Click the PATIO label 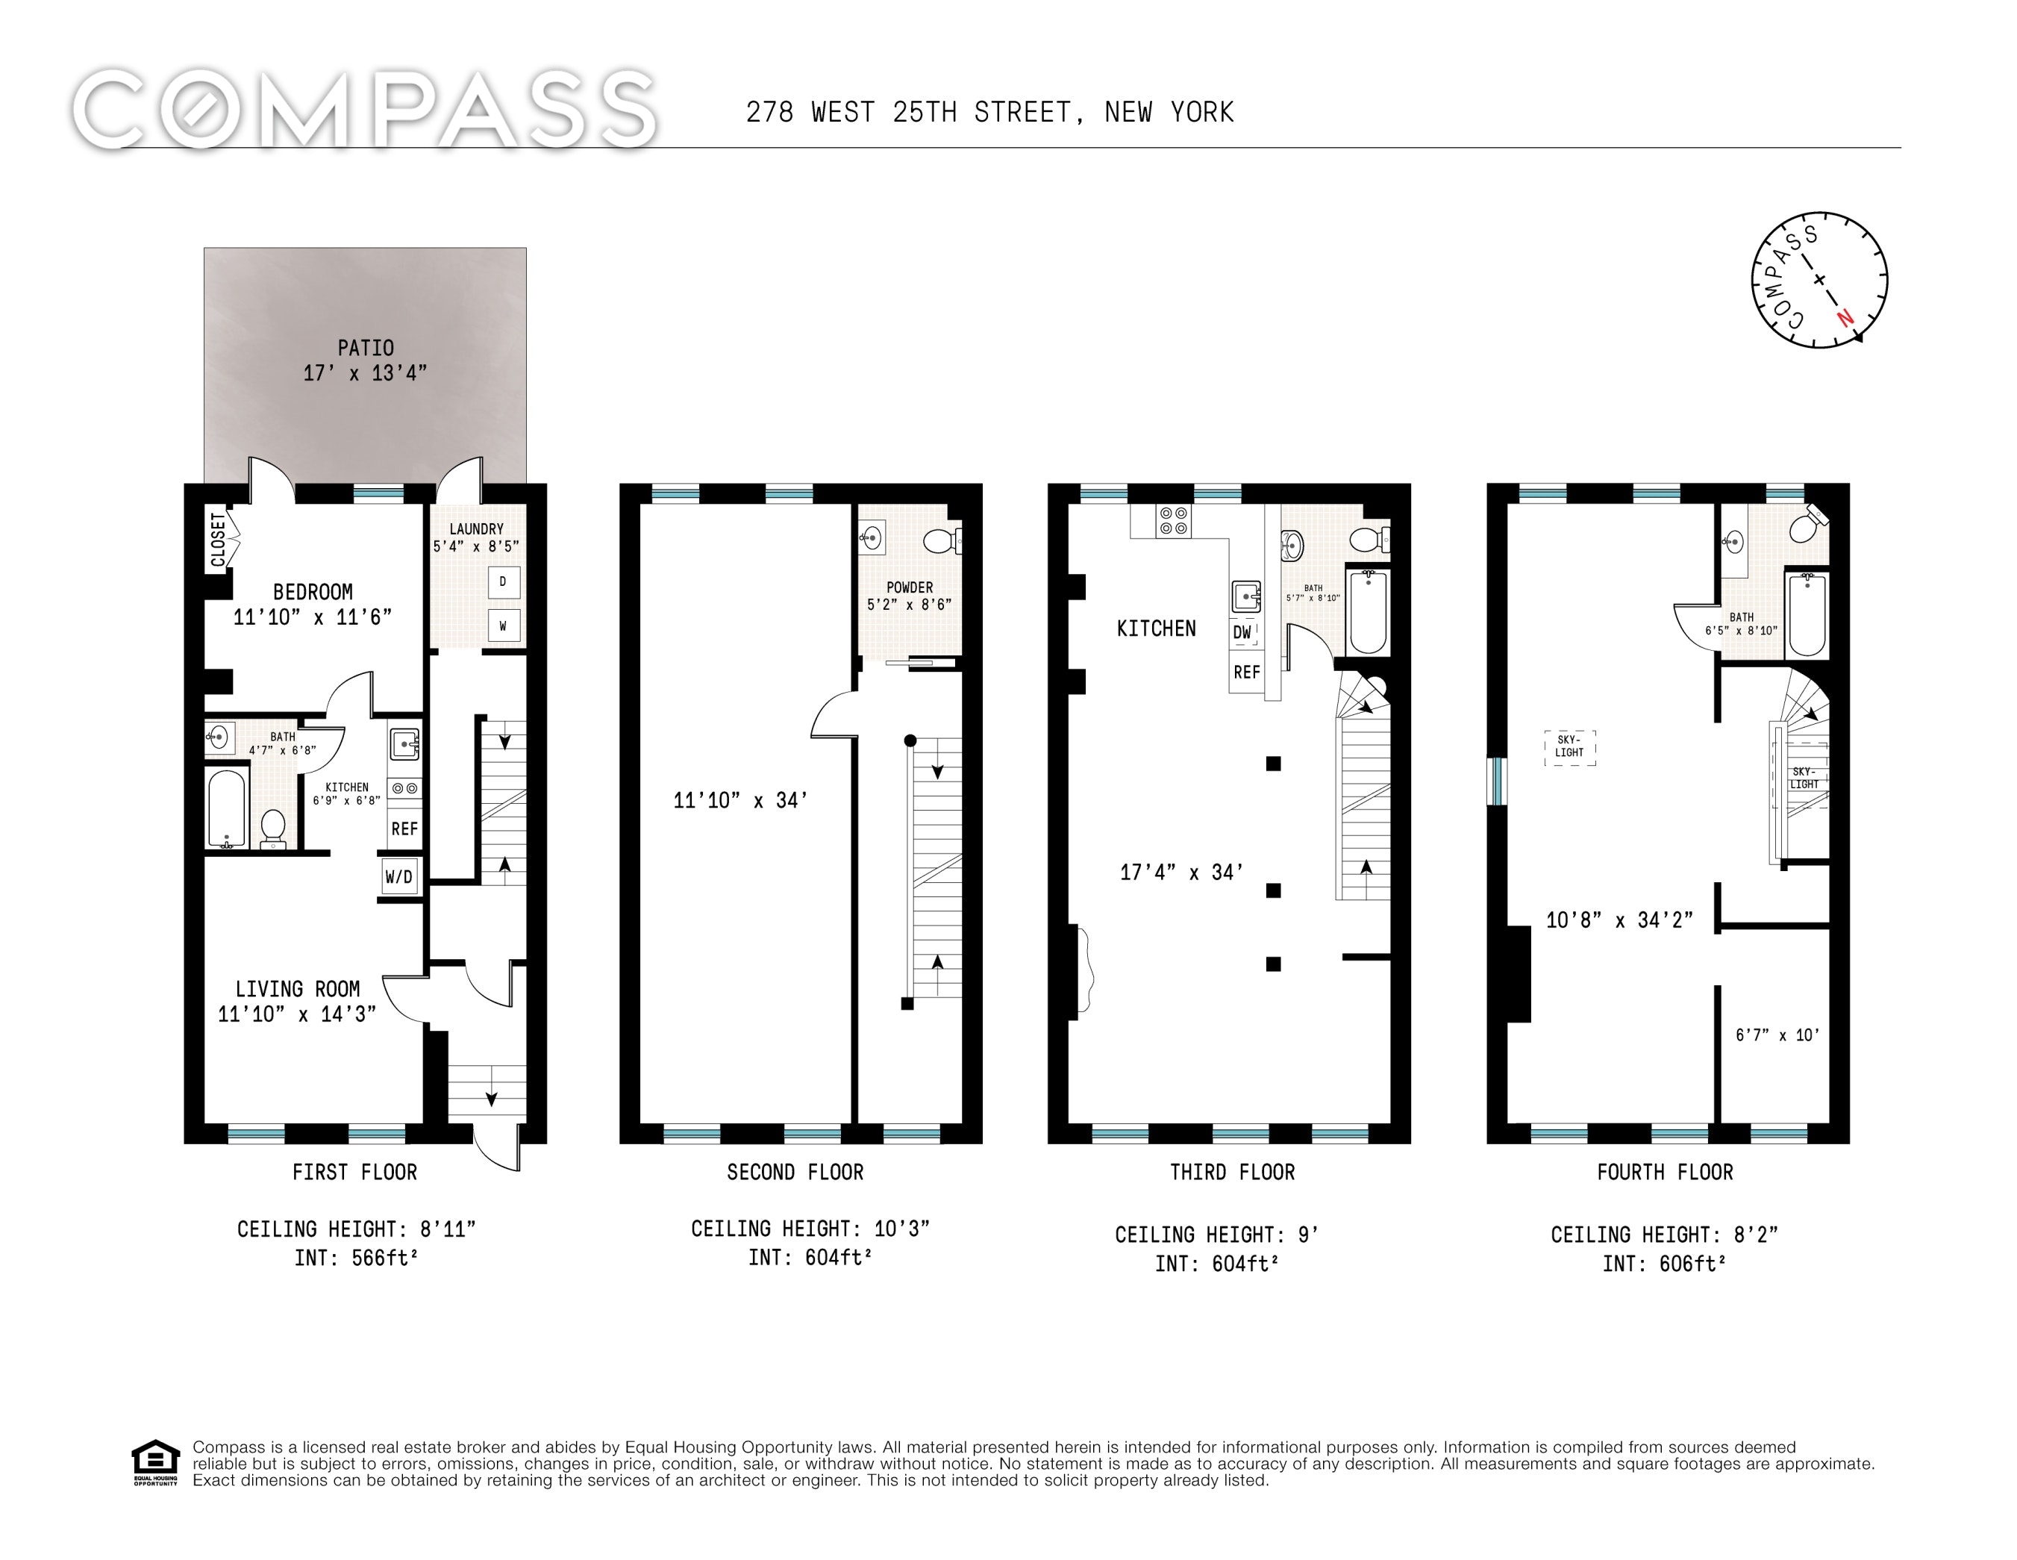[x=365, y=349]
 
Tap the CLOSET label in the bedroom [x=218, y=540]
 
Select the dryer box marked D [x=504, y=582]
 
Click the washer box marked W [x=504, y=626]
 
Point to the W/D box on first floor [x=399, y=876]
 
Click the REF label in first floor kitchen [x=404, y=829]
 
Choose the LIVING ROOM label [x=298, y=989]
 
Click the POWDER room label [x=910, y=587]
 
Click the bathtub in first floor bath [x=227, y=809]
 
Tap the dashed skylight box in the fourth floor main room [x=1570, y=747]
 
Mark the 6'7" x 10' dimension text [x=1777, y=1035]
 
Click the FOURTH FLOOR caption [x=1665, y=1172]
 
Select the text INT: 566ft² [x=357, y=1258]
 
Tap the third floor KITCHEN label [x=1157, y=629]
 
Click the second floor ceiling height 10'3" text [x=810, y=1229]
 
